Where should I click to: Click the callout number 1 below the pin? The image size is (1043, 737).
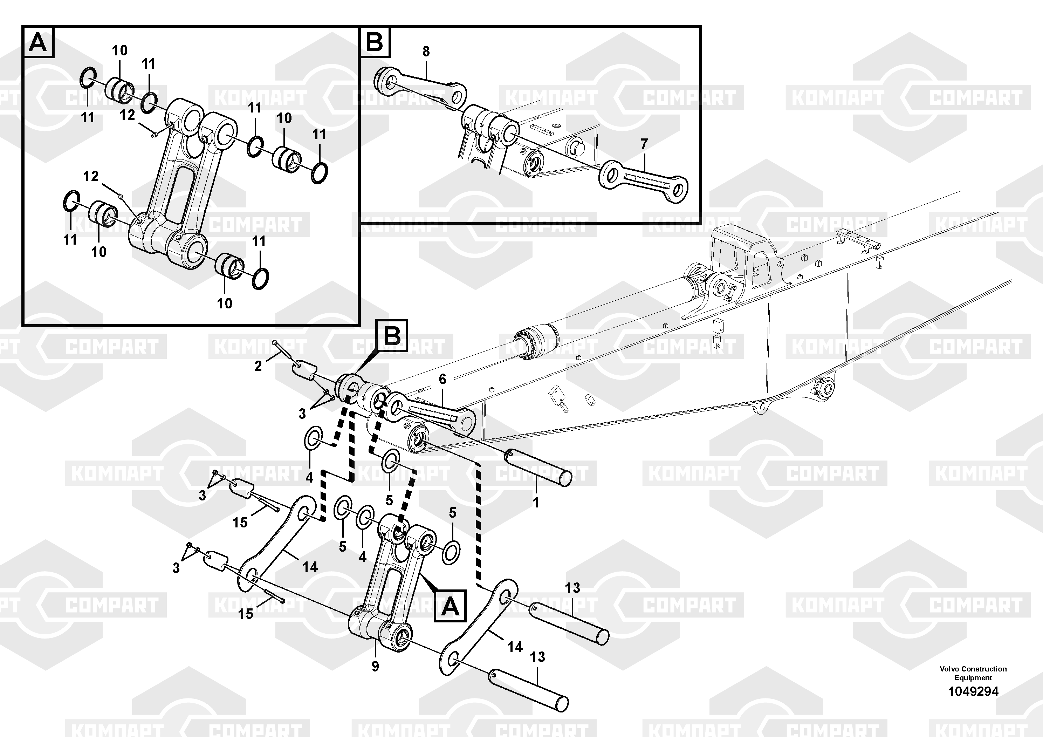coord(536,503)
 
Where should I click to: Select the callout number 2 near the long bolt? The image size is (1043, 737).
coord(258,366)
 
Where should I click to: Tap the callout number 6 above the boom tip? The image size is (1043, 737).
coord(442,379)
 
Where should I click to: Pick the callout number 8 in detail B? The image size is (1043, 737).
coord(426,52)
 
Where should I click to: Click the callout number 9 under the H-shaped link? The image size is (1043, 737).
coord(375,667)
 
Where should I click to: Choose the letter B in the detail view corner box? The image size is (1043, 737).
coord(375,42)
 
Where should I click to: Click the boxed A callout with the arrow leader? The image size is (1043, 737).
coord(450,606)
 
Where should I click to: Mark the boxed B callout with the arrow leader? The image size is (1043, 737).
coord(392,336)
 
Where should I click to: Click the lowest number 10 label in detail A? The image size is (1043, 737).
coord(225,303)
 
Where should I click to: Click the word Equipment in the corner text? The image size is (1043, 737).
coord(973,678)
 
